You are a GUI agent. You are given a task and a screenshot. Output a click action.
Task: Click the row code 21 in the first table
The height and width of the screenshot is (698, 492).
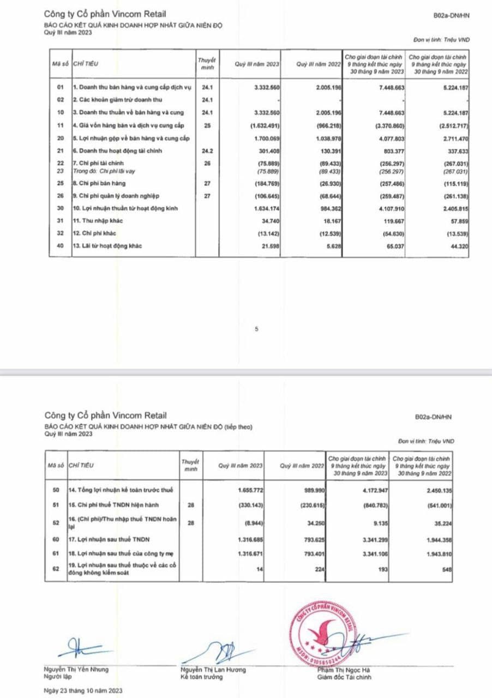[61, 150]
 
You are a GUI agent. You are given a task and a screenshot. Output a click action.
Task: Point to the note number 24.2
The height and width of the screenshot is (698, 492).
[206, 150]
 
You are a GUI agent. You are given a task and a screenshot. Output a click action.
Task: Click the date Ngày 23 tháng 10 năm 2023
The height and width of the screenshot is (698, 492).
[83, 690]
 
